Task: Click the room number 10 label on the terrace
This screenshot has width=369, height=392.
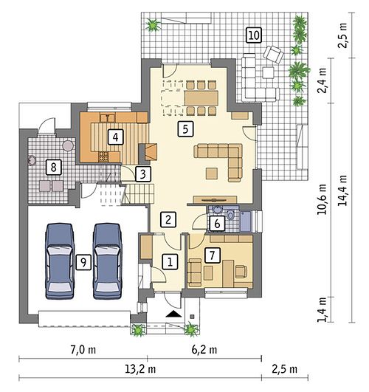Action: pyautogui.click(x=254, y=35)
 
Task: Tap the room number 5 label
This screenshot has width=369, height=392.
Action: pyautogui.click(x=185, y=129)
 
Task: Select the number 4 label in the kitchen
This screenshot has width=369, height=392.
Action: pyautogui.click(x=116, y=137)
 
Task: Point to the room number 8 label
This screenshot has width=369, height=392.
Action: pyautogui.click(x=53, y=167)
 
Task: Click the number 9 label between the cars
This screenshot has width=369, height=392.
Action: pyautogui.click(x=83, y=262)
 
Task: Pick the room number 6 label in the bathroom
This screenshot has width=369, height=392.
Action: pyautogui.click(x=217, y=223)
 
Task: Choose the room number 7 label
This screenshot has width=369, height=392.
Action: pyautogui.click(x=213, y=255)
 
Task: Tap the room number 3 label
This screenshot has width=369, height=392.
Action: pyautogui.click(x=143, y=173)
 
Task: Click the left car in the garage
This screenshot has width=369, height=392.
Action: pyautogui.click(x=60, y=261)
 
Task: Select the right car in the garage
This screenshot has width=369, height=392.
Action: pyautogui.click(x=107, y=261)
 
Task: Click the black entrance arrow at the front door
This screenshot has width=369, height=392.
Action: pyautogui.click(x=173, y=314)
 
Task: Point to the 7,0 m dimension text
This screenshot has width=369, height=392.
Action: pyautogui.click(x=83, y=349)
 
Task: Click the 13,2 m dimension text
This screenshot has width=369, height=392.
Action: pyautogui.click(x=140, y=369)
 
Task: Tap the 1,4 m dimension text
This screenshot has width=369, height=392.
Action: pyautogui.click(x=323, y=310)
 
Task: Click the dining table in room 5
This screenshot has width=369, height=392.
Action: pyautogui.click(x=201, y=98)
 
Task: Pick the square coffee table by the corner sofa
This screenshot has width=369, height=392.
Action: pyautogui.click(x=212, y=173)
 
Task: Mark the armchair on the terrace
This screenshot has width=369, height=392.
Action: pyautogui.click(x=273, y=55)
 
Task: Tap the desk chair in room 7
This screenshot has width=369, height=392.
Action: pyautogui.click(x=241, y=271)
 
